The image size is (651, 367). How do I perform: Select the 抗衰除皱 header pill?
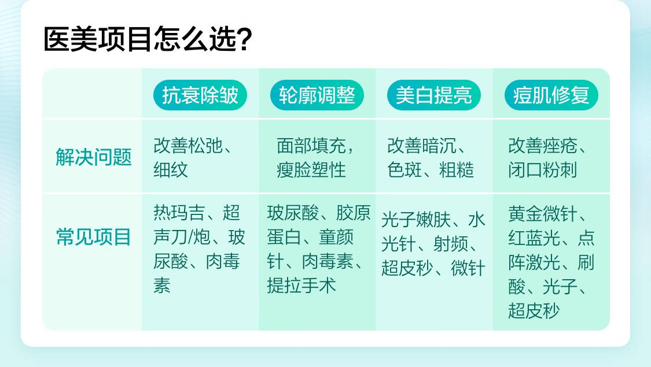tap(200, 95)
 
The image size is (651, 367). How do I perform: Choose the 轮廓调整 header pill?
tap(317, 95)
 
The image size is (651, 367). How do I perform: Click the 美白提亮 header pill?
tap(434, 95)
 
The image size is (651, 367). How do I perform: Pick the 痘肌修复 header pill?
tap(551, 95)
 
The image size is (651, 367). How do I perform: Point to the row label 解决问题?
tap(93, 157)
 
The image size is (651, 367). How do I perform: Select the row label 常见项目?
tap(93, 237)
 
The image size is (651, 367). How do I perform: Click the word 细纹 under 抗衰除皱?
tap(171, 169)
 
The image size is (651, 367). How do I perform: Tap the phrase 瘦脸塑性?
tap(311, 169)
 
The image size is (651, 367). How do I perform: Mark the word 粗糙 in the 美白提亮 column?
tap(457, 169)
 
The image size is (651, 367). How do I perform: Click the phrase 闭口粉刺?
tap(543, 169)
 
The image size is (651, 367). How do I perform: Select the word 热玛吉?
tap(179, 213)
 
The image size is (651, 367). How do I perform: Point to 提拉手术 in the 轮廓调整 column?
tap(301, 286)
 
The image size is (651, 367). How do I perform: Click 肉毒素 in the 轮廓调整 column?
tap(328, 261)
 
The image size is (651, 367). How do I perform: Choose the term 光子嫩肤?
tap(416, 220)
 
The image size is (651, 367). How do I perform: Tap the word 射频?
tap(450, 244)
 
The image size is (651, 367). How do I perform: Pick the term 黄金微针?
tap(543, 214)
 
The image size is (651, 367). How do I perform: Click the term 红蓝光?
tap(534, 238)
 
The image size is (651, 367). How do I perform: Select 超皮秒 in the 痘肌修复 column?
tap(534, 310)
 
